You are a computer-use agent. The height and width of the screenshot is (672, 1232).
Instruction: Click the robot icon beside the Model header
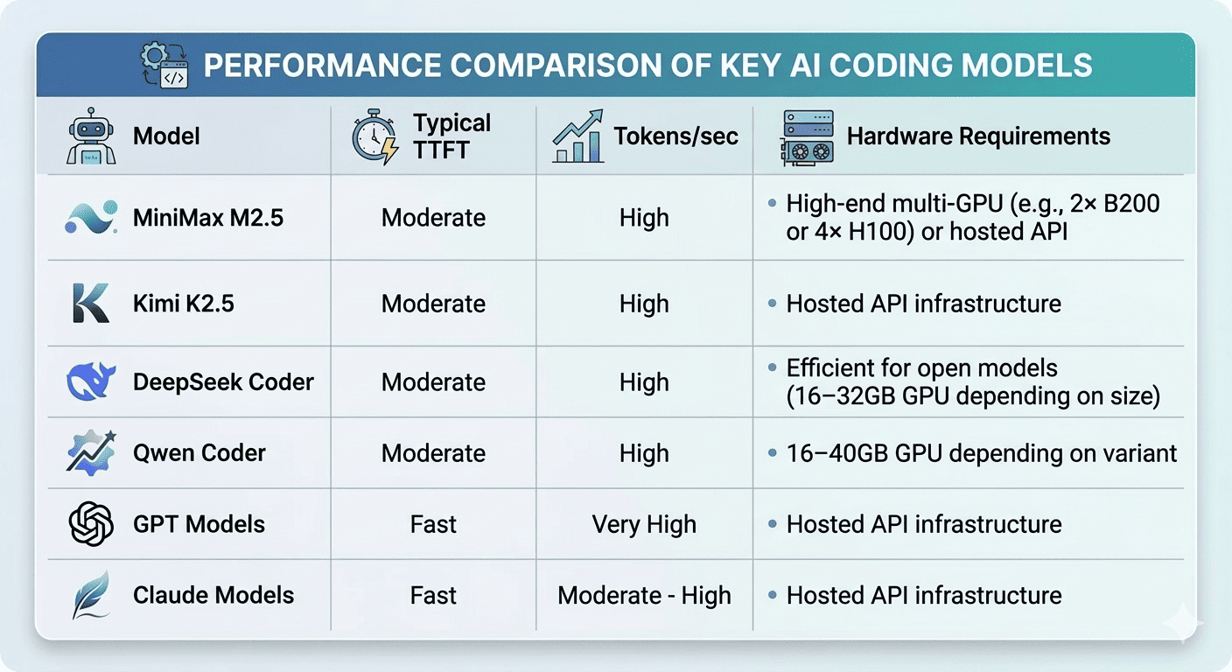(90, 136)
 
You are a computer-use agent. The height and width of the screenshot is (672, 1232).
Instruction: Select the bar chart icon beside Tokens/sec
(577, 136)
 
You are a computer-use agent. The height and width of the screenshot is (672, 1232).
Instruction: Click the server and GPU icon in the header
(807, 137)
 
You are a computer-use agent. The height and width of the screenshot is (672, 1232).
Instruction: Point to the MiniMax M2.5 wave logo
(91, 218)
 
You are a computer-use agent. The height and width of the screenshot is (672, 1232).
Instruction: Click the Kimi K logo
(91, 304)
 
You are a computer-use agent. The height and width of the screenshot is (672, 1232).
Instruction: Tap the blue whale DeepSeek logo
(91, 382)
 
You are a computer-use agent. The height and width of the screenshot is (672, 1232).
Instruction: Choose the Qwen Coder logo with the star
(91, 453)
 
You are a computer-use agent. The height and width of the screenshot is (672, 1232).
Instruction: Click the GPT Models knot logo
(91, 524)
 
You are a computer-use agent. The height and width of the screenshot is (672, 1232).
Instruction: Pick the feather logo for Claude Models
(91, 596)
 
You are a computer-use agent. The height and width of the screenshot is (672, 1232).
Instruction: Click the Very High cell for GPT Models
(644, 524)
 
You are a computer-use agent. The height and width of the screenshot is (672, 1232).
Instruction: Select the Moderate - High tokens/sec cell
(644, 596)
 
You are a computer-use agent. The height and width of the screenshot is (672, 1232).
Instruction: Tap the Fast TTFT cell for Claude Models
(433, 596)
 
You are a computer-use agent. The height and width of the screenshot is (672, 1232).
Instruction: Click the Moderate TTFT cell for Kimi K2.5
(433, 304)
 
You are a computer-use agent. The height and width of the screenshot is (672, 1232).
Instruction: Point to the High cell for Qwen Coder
(644, 453)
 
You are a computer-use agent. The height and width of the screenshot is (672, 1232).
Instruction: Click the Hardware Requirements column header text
(978, 136)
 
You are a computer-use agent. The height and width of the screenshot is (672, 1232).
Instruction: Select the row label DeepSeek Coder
(223, 382)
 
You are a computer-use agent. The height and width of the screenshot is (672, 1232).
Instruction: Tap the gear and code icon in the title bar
(164, 66)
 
